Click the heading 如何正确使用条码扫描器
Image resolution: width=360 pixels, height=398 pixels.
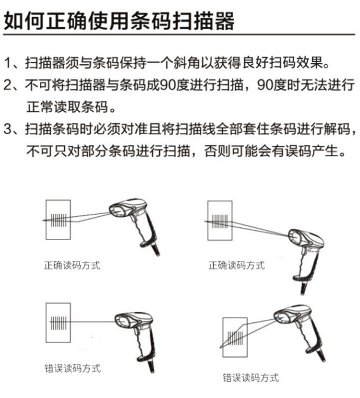(x=119, y=21)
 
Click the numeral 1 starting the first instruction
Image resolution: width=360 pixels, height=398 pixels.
(x=8, y=63)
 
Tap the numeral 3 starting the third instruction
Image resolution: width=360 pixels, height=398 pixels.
(x=8, y=129)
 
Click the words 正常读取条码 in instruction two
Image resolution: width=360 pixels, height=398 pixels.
(x=67, y=107)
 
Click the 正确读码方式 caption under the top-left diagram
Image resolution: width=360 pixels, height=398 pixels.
(x=72, y=265)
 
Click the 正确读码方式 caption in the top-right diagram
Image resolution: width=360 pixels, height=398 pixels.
(x=237, y=265)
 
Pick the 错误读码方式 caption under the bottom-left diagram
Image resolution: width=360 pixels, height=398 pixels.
(x=72, y=368)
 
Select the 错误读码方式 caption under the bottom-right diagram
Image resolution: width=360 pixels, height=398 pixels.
(x=251, y=378)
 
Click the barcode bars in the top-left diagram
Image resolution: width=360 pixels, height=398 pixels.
(x=59, y=220)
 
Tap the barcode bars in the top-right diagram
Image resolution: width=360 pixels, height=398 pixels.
(x=220, y=222)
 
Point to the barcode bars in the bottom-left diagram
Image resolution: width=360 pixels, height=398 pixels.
(x=59, y=323)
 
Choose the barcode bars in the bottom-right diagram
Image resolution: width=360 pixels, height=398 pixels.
(x=236, y=339)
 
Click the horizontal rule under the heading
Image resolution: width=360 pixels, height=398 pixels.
(x=179, y=34)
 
